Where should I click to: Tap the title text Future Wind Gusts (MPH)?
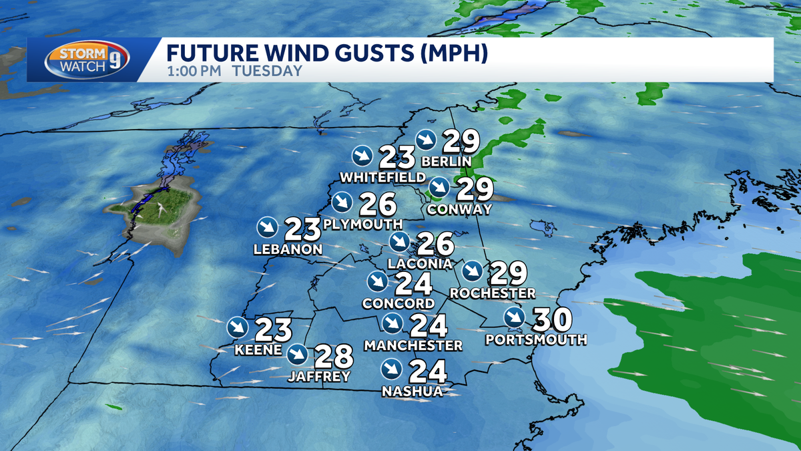(x=327, y=53)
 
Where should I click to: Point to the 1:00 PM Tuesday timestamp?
(x=234, y=71)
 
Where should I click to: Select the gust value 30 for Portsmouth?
(x=553, y=319)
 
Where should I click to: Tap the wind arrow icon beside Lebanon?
(x=267, y=227)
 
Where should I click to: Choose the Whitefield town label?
(x=382, y=177)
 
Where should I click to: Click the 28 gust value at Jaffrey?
(x=333, y=356)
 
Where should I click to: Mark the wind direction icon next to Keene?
(x=238, y=327)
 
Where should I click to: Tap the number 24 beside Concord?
(x=414, y=283)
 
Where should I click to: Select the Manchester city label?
(x=413, y=345)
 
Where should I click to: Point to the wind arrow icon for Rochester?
(x=473, y=271)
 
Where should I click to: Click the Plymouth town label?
(x=362, y=224)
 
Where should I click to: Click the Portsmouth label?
(x=536, y=339)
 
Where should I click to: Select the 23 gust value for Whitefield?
(x=398, y=157)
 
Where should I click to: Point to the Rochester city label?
(x=493, y=293)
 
